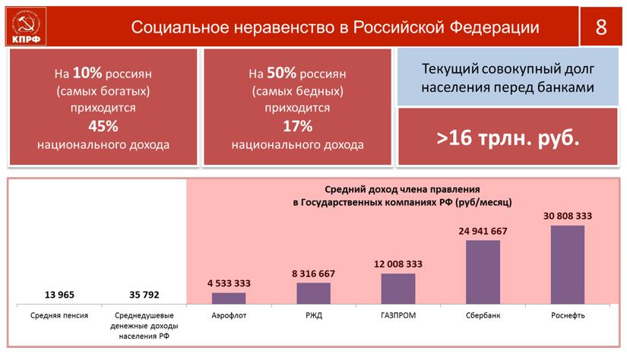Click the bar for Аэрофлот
coord(229,298)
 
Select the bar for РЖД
coord(313,293)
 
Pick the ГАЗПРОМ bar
coord(397,289)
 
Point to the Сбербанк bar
coord(483,272)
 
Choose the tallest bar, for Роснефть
coord(568,264)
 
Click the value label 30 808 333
coord(568,216)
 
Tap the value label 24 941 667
coord(483,231)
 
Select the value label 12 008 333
coord(397,264)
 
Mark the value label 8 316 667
coord(313,273)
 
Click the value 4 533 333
coord(229,283)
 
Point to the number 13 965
coord(59,294)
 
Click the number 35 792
coord(144,294)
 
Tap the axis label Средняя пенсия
coord(59,315)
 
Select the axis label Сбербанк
coord(483,315)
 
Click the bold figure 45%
coord(103,126)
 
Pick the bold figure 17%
coord(297,126)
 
